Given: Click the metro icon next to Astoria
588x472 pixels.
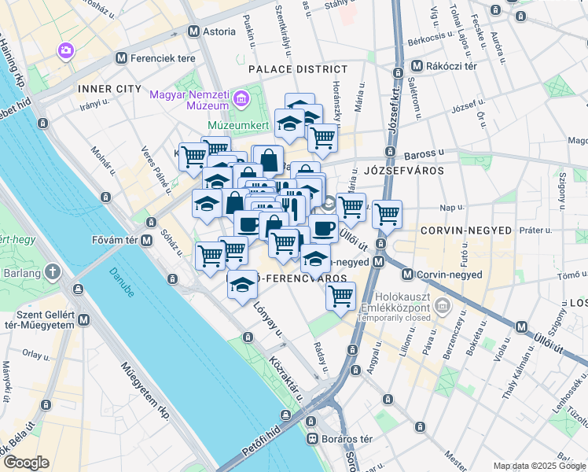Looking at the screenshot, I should click(194, 31).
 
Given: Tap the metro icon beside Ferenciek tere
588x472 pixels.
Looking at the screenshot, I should click(120, 57).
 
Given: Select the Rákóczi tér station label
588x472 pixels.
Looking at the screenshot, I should click(453, 66).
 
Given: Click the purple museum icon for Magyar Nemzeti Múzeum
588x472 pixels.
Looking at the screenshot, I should click(241, 99).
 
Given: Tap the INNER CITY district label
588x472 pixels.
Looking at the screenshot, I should click(109, 89).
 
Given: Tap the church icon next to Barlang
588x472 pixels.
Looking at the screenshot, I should click(53, 273).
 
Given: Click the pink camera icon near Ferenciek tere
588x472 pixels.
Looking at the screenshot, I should click(65, 50).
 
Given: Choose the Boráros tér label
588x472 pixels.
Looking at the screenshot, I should click(346, 438).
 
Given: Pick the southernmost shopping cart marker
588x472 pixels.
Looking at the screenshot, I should click(340, 297).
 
